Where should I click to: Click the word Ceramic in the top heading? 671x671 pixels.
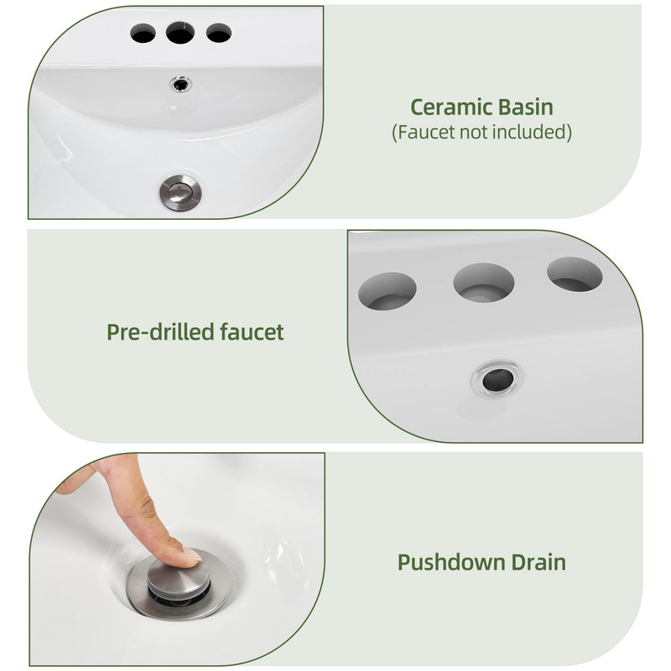(x=450, y=107)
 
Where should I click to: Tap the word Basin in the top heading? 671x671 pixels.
(x=526, y=107)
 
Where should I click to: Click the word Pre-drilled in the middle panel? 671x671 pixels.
(x=160, y=332)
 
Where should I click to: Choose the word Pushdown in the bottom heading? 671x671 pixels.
(x=451, y=562)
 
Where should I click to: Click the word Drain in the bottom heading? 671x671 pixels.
(x=538, y=562)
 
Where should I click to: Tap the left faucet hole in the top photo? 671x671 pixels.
(x=143, y=33)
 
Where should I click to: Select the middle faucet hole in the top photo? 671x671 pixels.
(x=180, y=33)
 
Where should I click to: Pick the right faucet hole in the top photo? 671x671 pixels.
(x=219, y=33)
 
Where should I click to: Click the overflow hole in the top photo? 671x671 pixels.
(x=180, y=84)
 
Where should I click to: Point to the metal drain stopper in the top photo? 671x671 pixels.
(x=180, y=194)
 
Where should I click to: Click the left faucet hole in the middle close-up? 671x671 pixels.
(x=388, y=291)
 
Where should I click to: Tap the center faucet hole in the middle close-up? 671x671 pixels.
(x=484, y=283)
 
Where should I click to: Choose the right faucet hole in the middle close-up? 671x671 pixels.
(x=575, y=274)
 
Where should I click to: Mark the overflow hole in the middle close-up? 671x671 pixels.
(x=497, y=379)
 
